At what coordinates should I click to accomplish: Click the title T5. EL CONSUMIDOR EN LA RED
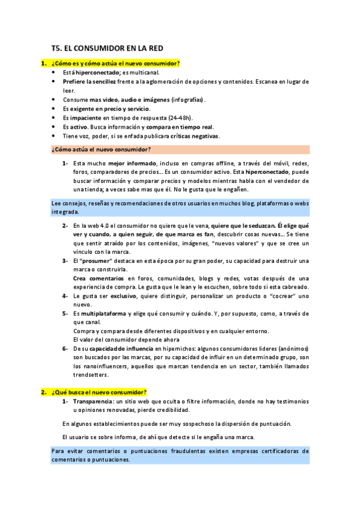tap(108, 48)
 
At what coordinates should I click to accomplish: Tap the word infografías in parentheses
tap(188, 99)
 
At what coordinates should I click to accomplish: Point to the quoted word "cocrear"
tap(285, 296)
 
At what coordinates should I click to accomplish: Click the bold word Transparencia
tap(92, 401)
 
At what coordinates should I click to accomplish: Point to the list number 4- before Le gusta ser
tap(65, 296)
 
